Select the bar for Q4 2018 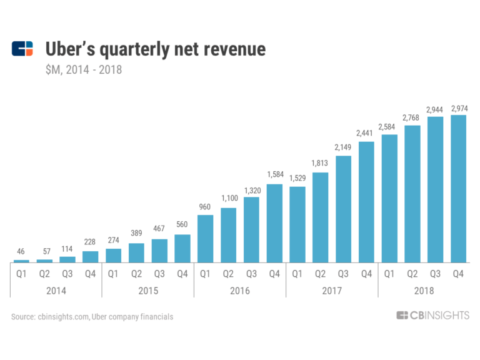(x=458, y=188)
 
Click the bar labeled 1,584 (x=274, y=223)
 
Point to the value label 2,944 (x=436, y=109)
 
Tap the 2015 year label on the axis (x=148, y=291)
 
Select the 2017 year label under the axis (x=332, y=291)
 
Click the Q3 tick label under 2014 (x=67, y=273)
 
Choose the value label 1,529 (x=297, y=180)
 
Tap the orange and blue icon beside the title (x=22, y=49)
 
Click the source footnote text (x=92, y=317)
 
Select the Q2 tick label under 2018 (x=412, y=273)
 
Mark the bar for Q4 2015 (x=182, y=249)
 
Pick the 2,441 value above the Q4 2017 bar (x=366, y=133)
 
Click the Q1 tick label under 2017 (x=297, y=273)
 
